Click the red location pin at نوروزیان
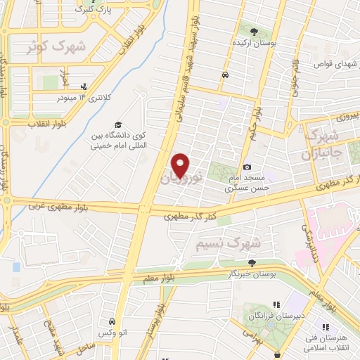tap(181, 165)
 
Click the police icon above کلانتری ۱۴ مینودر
tap(84, 86)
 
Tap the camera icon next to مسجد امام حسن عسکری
tap(247, 167)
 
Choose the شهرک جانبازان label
tap(322, 143)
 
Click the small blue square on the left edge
tap(15, 267)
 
